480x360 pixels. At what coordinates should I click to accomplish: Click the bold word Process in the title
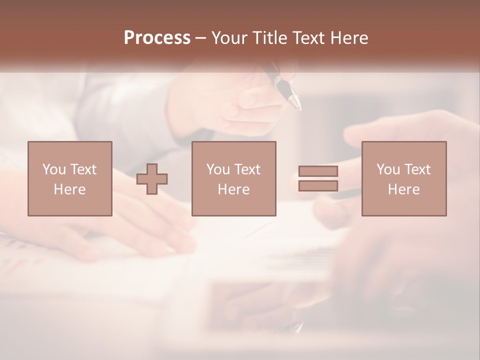point(157,38)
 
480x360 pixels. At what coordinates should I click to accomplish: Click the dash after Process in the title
point(200,38)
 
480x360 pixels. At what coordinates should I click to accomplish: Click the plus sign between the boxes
point(152,179)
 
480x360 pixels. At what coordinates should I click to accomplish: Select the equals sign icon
point(318,178)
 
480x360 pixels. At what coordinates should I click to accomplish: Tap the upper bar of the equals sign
point(318,171)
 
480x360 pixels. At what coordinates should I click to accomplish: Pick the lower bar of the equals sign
point(318,186)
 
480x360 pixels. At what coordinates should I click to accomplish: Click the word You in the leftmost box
point(53,169)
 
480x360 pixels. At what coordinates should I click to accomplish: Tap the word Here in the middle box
point(234,189)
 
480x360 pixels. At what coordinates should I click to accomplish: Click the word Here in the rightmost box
point(404,189)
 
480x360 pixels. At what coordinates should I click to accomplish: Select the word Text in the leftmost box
point(82,169)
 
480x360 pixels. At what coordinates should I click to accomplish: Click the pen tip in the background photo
point(298,106)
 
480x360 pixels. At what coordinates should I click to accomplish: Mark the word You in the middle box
point(218,169)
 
